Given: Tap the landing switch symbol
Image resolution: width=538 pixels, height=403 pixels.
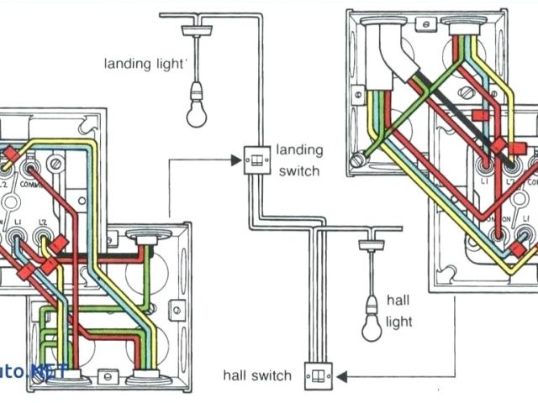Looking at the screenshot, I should click(x=253, y=160).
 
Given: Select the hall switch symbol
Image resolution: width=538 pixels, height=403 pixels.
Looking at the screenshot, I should click(x=320, y=374).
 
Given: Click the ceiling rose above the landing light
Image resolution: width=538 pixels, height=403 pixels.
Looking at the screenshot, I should click(x=195, y=26).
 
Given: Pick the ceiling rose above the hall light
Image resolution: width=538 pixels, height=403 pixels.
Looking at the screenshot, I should click(x=371, y=243).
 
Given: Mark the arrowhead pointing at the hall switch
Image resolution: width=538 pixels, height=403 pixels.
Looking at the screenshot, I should click(x=346, y=374).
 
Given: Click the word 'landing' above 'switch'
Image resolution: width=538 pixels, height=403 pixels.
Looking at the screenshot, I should click(x=299, y=151).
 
